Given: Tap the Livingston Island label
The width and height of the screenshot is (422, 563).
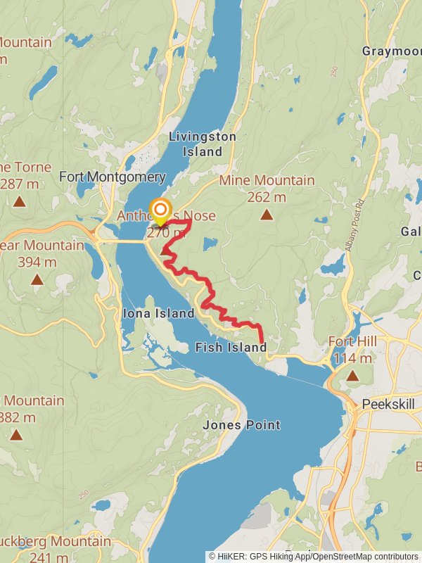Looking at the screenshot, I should coord(203,144).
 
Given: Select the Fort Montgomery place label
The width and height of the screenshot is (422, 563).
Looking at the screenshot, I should coord(112,177).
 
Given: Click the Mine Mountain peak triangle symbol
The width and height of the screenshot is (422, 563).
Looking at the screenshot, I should coord(266,215).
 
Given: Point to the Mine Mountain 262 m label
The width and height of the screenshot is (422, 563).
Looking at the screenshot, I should coord(267,189).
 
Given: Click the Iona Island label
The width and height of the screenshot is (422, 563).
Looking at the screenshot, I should coord(158,313).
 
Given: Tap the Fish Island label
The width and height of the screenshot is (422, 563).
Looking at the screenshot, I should coord(231,347).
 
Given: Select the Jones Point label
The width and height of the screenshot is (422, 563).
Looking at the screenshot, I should coord(241,425).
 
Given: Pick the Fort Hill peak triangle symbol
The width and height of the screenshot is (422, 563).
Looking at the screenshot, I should coord(352,376).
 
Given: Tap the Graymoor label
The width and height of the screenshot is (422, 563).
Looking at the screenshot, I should coord(391,51).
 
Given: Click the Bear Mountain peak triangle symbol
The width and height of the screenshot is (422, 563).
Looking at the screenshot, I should coord(37,279).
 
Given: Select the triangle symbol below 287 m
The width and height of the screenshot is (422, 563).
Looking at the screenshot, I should coord(19,202).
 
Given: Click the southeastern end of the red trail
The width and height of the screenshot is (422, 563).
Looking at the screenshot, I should coord(263,343).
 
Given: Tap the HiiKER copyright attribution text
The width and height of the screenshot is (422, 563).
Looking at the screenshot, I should coord(313,556).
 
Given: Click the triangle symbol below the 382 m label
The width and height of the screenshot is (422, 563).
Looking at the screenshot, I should coord(16,435).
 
